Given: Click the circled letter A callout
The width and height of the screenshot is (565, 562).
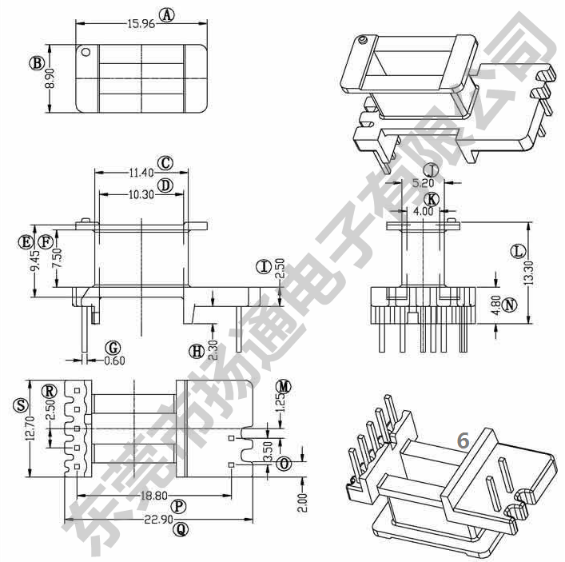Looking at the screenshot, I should pos(166,14).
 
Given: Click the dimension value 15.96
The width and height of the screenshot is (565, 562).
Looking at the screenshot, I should pos(141,24).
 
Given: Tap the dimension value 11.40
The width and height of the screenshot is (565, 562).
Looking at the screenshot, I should pos(141,173).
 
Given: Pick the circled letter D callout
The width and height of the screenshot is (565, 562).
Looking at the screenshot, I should pos(165,185).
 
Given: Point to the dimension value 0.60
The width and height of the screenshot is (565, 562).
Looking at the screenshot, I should pos(115,360).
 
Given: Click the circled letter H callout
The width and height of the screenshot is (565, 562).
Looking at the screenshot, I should pos(194,350).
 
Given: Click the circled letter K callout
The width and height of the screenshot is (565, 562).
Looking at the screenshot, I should pos(432,198).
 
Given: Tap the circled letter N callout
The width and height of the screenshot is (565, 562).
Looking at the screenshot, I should pos(511,305).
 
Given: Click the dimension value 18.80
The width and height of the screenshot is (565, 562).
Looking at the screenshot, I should pos(152,496).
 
